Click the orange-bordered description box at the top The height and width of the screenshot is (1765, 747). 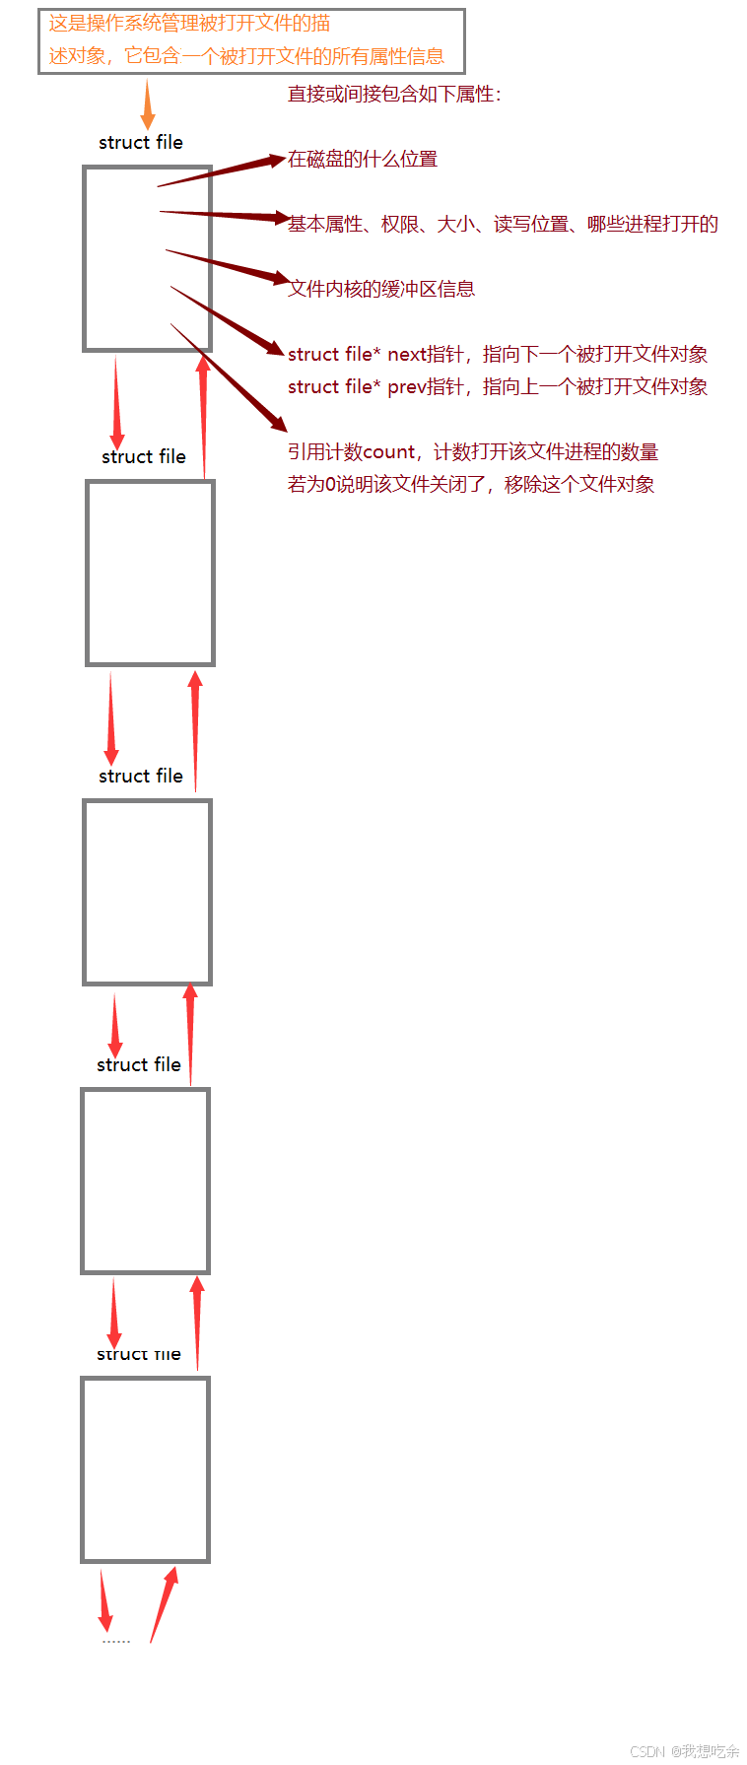click(250, 40)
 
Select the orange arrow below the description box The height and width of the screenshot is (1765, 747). click(148, 105)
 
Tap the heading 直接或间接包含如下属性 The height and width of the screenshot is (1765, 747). click(394, 95)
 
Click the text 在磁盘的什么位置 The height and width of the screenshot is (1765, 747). click(363, 160)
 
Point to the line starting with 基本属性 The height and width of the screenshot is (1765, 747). click(503, 225)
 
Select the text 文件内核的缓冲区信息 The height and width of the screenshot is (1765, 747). click(381, 289)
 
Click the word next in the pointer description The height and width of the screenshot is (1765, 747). click(406, 355)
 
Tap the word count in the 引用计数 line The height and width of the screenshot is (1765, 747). click(389, 452)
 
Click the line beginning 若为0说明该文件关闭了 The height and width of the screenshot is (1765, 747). click(471, 485)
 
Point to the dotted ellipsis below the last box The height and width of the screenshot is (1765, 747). click(116, 1641)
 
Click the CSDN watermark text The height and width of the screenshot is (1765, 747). click(685, 1750)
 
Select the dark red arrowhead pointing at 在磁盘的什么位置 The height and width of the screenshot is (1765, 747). click(274, 162)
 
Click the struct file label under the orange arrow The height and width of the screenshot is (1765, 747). click(141, 143)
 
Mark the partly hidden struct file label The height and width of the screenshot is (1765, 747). click(139, 1355)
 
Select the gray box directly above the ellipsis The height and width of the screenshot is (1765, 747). click(145, 1469)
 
